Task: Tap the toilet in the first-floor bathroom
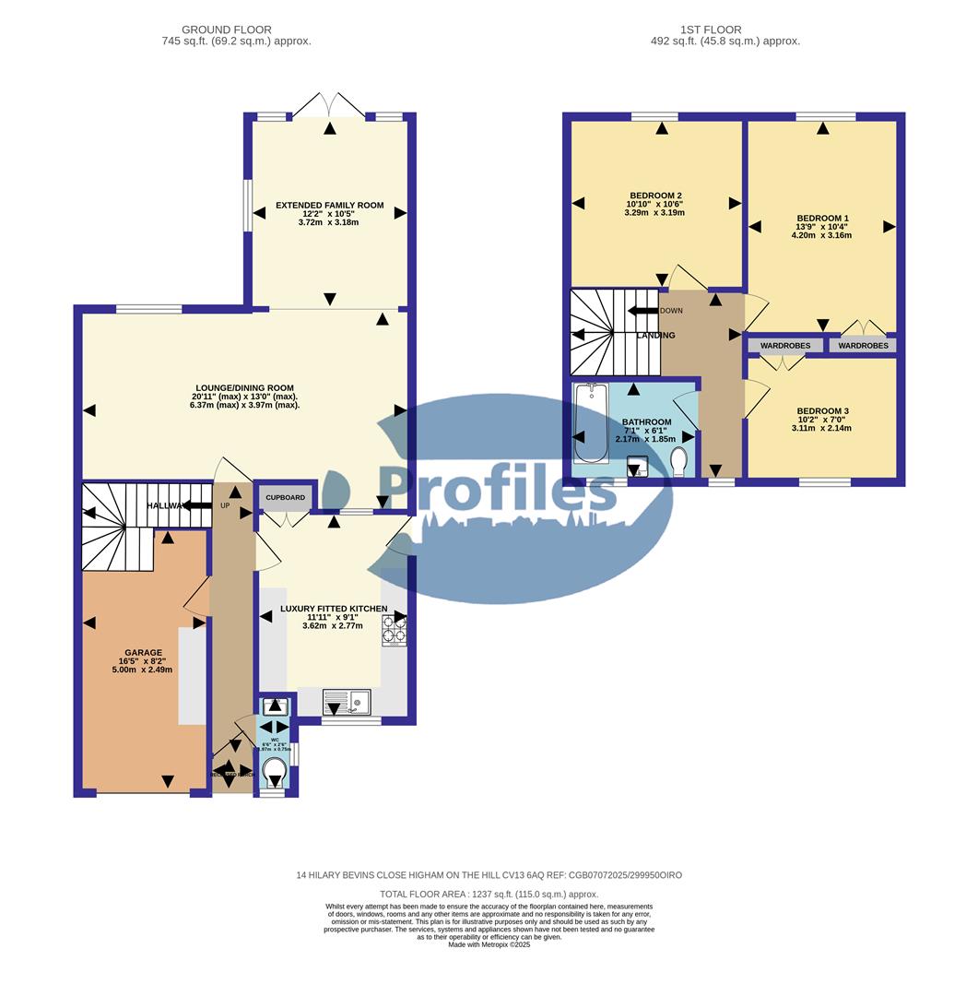point(680,460)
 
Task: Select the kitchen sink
point(346,704)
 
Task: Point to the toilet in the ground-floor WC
point(274,770)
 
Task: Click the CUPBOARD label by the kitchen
point(285,497)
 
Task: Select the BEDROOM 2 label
point(654,196)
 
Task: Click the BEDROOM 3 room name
point(797,411)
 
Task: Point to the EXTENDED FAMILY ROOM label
point(329,205)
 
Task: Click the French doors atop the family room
point(329,104)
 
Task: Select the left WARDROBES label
point(785,346)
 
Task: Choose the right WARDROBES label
point(864,346)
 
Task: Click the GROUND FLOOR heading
point(227,30)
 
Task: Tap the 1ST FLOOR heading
point(710,30)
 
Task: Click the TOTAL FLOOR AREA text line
point(489,895)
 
